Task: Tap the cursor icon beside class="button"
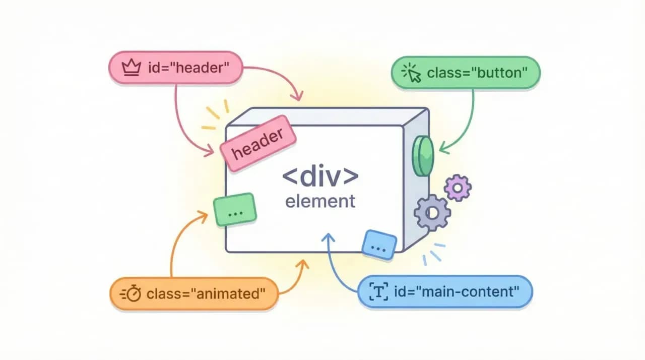click(411, 74)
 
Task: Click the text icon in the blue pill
click(378, 291)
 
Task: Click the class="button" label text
click(477, 74)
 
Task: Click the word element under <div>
click(320, 201)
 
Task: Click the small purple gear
click(458, 188)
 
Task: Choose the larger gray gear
click(432, 213)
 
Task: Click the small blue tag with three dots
click(379, 245)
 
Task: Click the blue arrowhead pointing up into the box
click(329, 236)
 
